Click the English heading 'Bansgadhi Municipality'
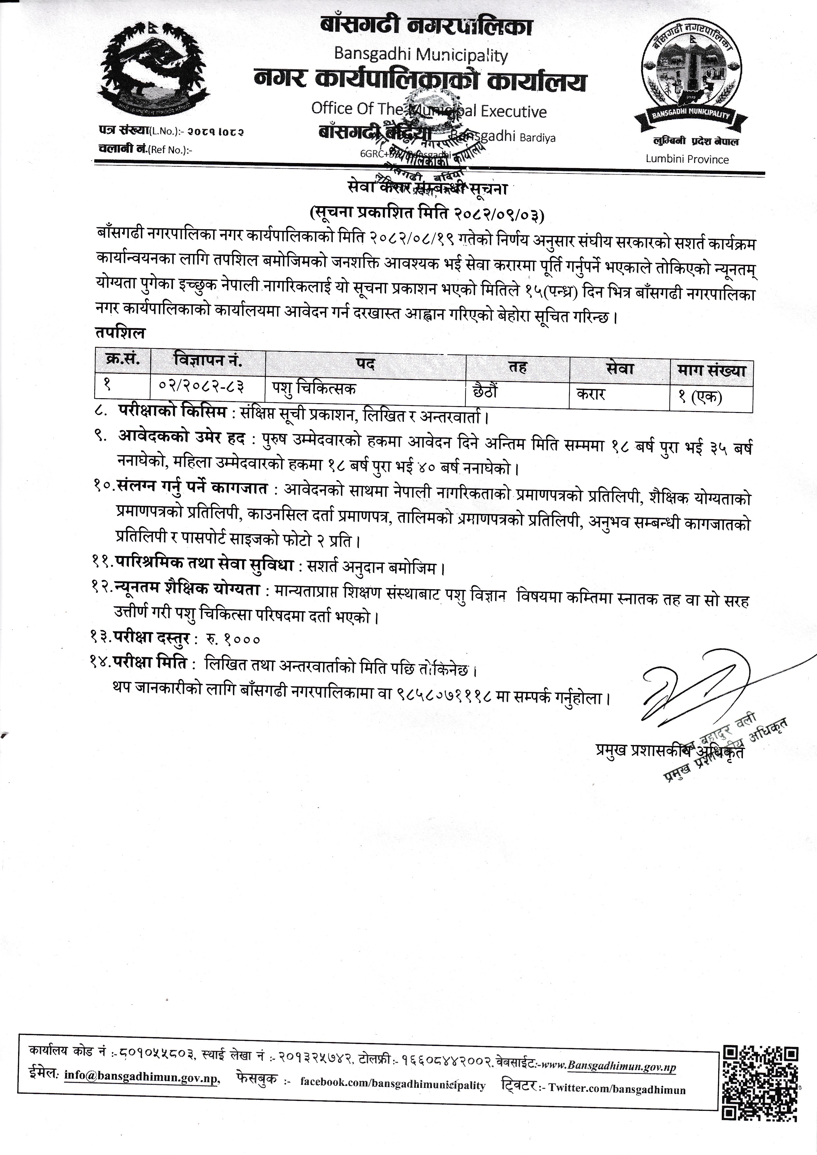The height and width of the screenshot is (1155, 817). tap(421, 55)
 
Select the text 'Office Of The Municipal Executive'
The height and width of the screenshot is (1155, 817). tap(429, 110)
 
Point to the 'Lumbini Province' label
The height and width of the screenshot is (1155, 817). tap(687, 159)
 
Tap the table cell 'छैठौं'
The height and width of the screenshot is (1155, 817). tap(486, 391)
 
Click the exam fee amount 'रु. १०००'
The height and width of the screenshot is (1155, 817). tap(233, 639)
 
